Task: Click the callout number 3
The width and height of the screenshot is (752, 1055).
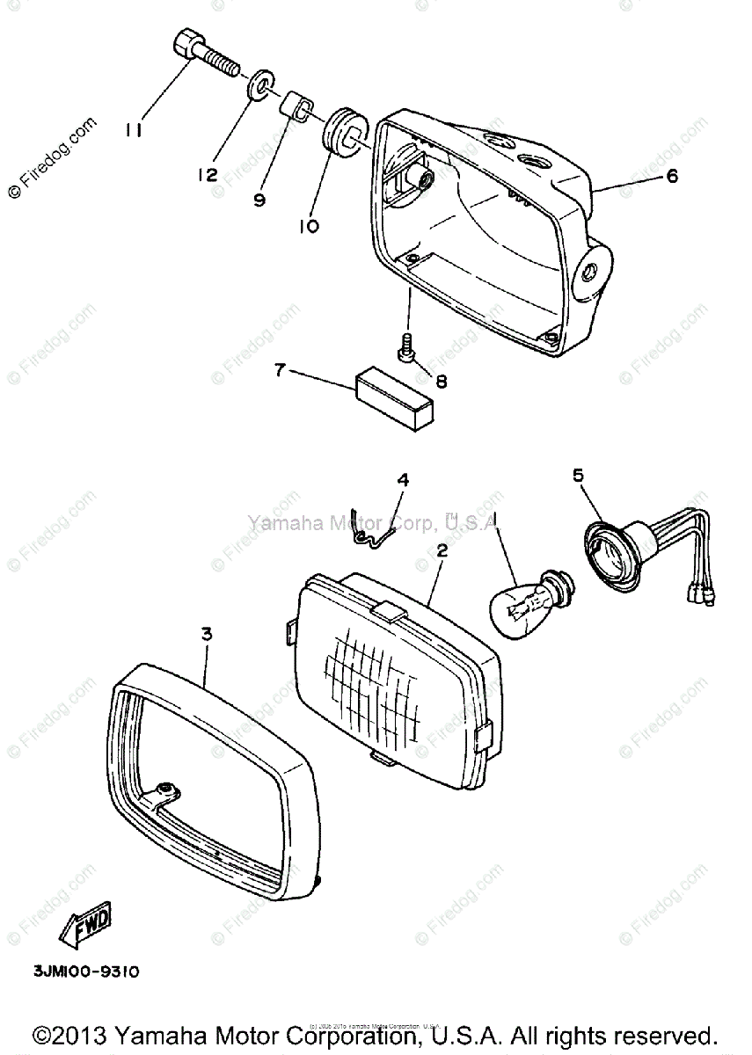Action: click(206, 633)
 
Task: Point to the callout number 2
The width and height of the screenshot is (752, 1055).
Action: click(442, 551)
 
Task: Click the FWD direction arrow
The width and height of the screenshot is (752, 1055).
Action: click(85, 923)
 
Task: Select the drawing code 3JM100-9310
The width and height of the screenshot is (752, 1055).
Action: click(86, 971)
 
